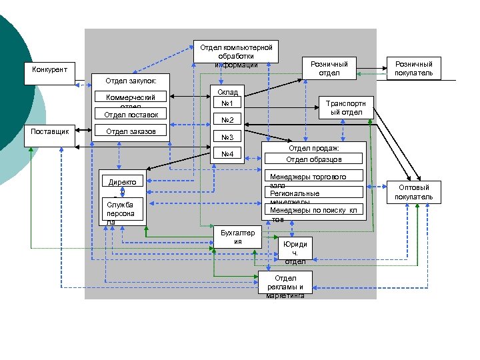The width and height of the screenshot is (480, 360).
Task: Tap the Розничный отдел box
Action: pyautogui.click(x=329, y=68)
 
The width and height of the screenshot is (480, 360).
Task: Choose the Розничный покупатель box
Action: pyautogui.click(x=413, y=68)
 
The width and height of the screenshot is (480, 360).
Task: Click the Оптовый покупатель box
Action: pyautogui.click(x=413, y=192)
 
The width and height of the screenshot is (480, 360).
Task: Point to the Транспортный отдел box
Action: pyautogui.click(x=345, y=108)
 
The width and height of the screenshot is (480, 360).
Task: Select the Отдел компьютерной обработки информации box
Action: pyautogui.click(x=237, y=55)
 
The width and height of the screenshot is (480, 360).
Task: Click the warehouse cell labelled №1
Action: pyautogui.click(x=227, y=103)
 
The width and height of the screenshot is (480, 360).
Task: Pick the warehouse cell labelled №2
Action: pyautogui.click(x=227, y=120)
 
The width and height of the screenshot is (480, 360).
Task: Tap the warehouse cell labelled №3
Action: pyautogui.click(x=227, y=137)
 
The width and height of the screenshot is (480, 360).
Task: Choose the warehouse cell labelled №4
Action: pyautogui.click(x=227, y=155)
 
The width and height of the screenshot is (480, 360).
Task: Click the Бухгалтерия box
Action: pyautogui.click(x=237, y=237)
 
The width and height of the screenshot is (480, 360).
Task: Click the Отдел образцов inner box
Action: pyautogui.click(x=314, y=159)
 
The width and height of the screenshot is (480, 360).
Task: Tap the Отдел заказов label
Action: pyautogui.click(x=131, y=131)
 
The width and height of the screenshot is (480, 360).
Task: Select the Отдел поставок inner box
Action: pyautogui.click(x=131, y=115)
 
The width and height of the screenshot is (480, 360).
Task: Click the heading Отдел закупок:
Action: pyautogui.click(x=131, y=81)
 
